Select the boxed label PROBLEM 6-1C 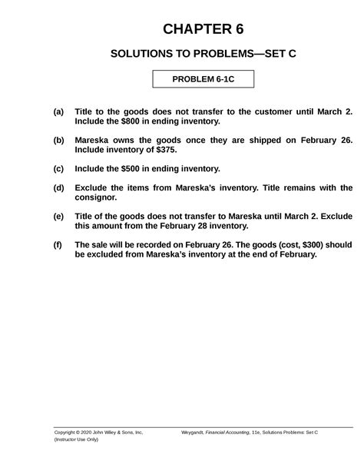(203, 79)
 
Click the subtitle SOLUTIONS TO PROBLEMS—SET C (203, 55)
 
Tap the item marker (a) (58, 111)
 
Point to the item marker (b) (58, 141)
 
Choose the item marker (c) (58, 169)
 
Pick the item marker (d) (58, 187)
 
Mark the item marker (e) (58, 217)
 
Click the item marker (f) (58, 245)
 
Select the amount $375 (165, 151)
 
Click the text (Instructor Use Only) (76, 440)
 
